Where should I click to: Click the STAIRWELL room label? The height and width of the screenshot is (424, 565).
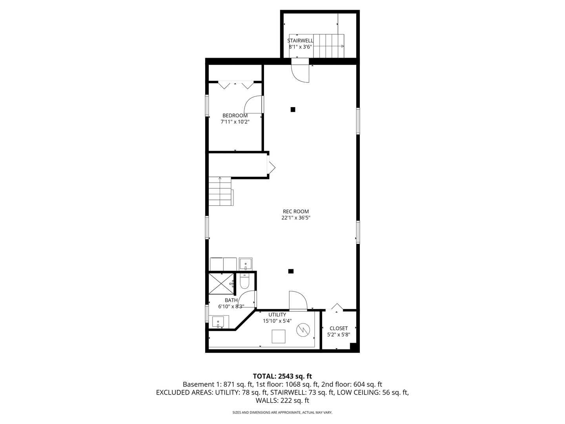coord(300,40)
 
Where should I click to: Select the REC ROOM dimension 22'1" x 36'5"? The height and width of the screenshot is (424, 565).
coord(296,218)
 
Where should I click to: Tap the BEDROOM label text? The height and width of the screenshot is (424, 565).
coord(235,115)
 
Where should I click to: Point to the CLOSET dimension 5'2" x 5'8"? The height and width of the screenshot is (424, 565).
coord(338,335)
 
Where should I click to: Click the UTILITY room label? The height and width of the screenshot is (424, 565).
coord(277,314)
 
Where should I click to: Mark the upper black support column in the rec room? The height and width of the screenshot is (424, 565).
coord(293,110)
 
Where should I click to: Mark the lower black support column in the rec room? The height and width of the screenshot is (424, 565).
coord(291,271)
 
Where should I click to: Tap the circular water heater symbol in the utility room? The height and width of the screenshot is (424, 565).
coord(303,330)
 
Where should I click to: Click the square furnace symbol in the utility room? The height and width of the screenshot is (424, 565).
coord(279,336)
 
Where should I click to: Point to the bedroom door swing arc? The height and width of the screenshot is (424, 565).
coord(253,104)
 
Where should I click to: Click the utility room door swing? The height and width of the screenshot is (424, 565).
coord(298,301)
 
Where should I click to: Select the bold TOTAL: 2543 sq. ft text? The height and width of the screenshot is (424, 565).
coord(282,376)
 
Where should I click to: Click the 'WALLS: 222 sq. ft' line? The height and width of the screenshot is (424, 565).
coord(282,400)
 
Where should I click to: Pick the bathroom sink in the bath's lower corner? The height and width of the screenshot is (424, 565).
coord(218,322)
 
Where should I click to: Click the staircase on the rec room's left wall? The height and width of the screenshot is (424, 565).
coord(221,191)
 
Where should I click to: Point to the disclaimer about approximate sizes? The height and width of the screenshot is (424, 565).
coord(282,413)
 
